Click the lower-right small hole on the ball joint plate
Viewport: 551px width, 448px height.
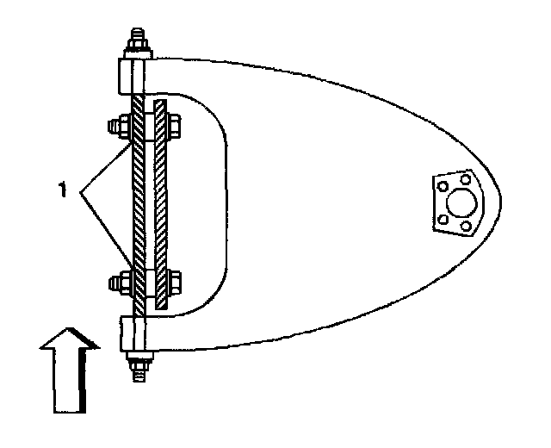[467, 227]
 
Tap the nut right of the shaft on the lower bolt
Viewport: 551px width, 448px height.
[176, 280]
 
